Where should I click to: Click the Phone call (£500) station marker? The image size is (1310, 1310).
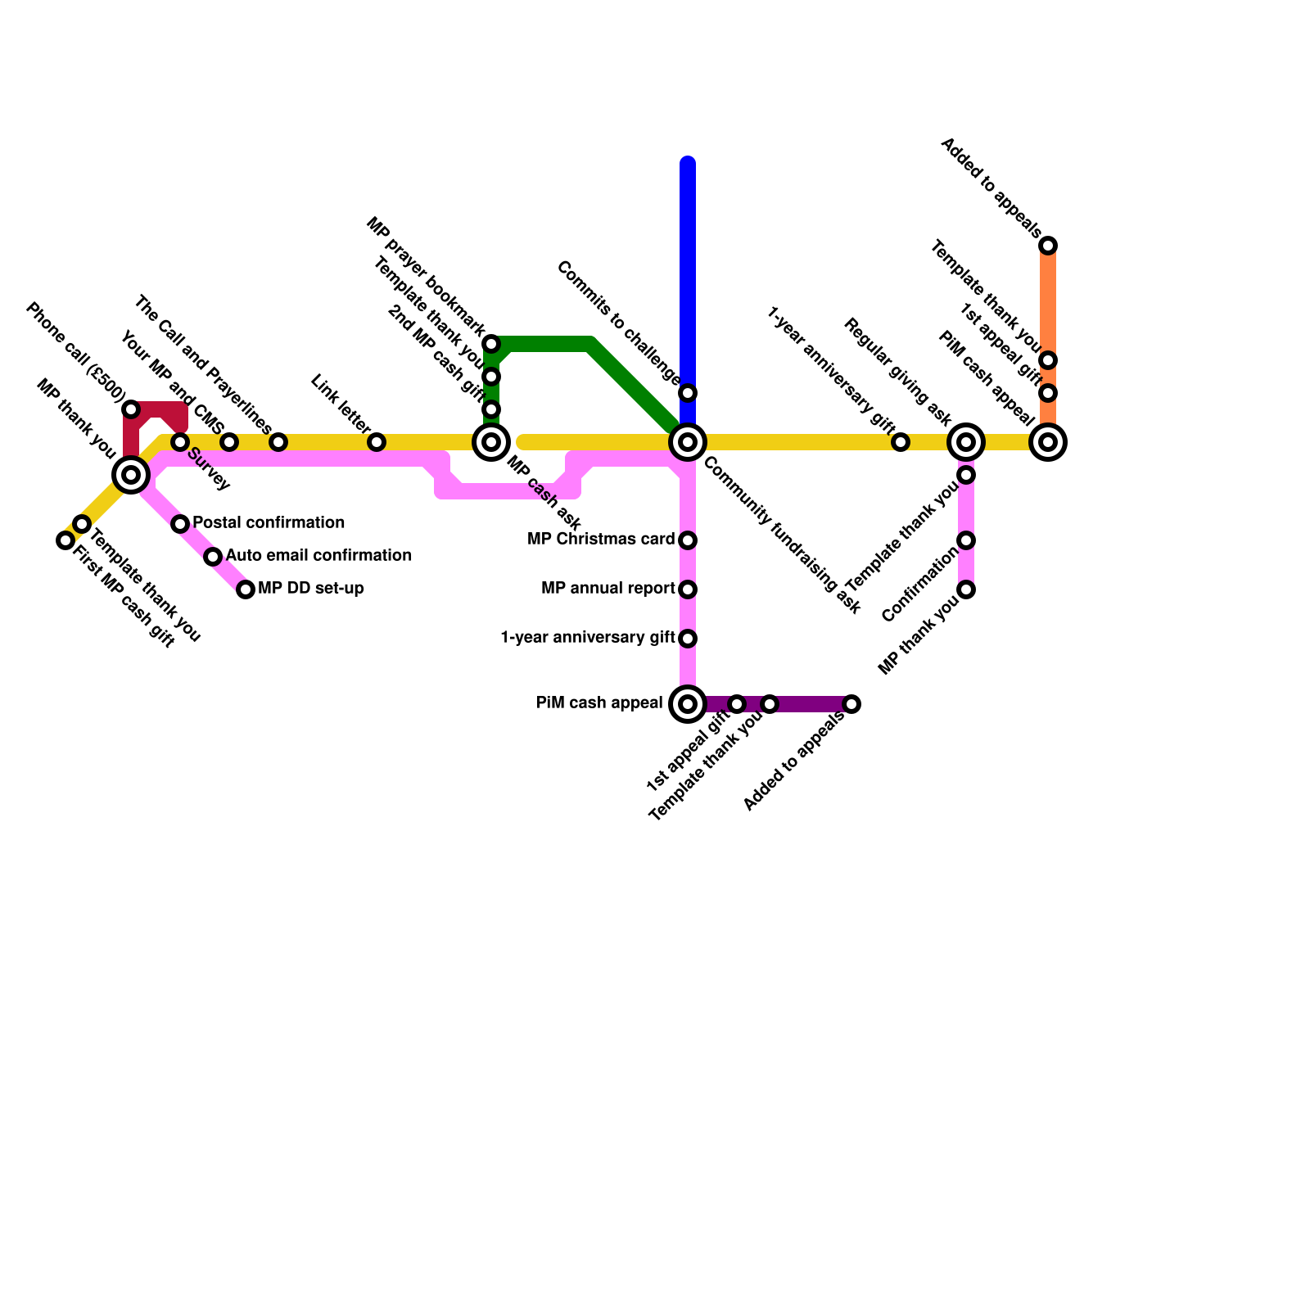click(x=131, y=409)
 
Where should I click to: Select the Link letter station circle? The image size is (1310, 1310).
click(x=377, y=442)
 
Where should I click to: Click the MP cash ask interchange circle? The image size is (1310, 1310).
click(x=491, y=442)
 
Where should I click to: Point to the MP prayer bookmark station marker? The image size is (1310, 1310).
click(x=491, y=344)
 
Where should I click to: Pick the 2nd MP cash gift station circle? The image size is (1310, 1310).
click(x=491, y=409)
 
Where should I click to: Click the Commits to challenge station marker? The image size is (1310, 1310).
click(x=688, y=393)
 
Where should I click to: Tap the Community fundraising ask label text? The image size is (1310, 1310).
click(x=782, y=536)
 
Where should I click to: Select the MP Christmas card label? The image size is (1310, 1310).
click(x=601, y=540)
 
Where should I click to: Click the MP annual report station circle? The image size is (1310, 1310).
click(x=688, y=589)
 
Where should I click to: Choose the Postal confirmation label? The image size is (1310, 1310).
click(x=269, y=523)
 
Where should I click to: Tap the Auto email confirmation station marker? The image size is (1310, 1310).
click(x=213, y=557)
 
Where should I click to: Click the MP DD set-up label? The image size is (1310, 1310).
click(x=311, y=589)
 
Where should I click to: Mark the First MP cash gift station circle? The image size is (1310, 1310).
click(x=65, y=540)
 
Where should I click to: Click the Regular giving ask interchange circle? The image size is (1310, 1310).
click(x=966, y=442)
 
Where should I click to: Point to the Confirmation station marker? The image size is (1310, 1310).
click(x=966, y=540)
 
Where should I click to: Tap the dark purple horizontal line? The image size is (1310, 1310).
click(x=811, y=704)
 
